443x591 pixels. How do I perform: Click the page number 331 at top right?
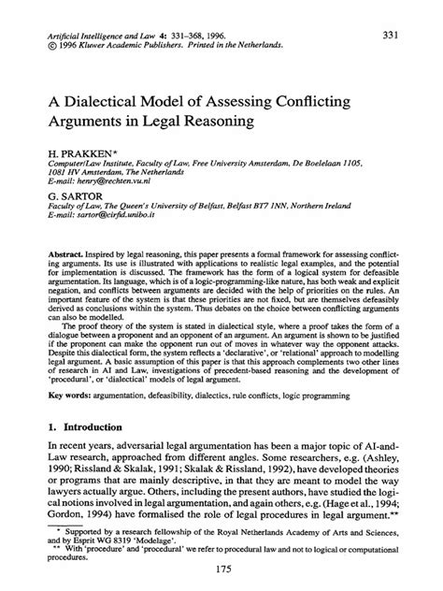pos(393,35)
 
